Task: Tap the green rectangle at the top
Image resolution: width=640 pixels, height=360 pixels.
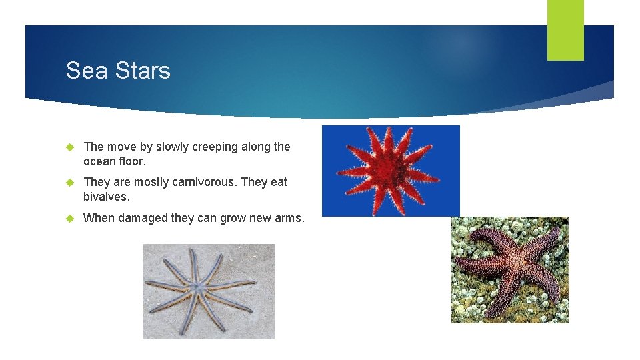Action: point(565,29)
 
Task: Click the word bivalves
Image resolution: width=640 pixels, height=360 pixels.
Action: point(106,197)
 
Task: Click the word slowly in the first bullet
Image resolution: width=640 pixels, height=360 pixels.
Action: point(172,147)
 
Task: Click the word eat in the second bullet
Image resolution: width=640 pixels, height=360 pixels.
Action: point(279,182)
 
